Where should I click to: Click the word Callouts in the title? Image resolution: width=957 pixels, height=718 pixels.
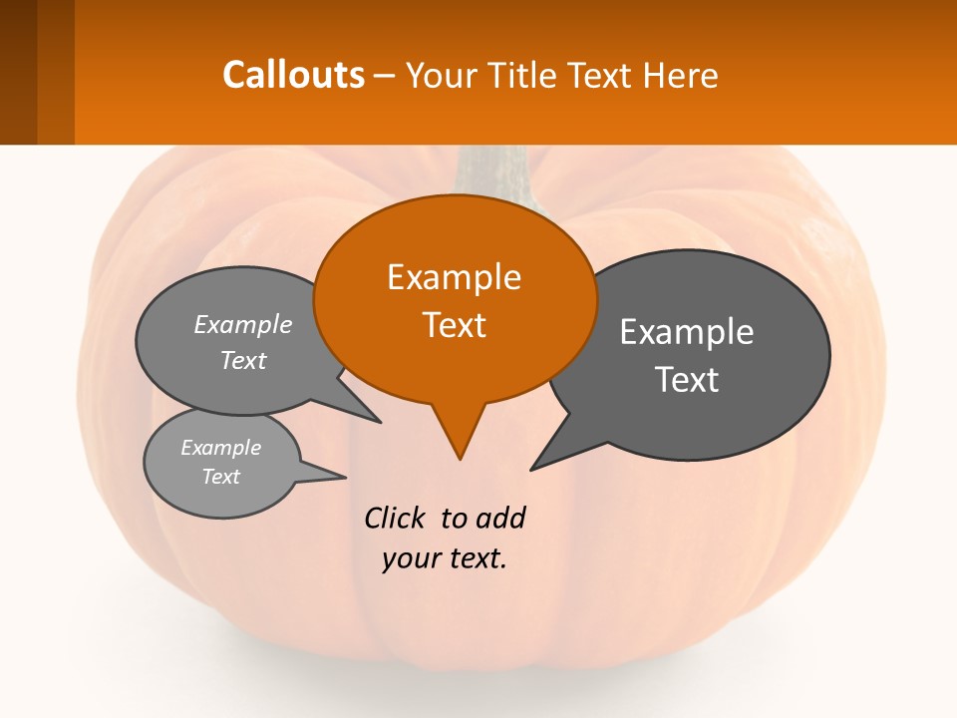tap(293, 75)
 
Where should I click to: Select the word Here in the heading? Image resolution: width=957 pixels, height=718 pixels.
tap(683, 75)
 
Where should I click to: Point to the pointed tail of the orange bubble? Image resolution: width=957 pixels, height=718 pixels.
tap(458, 439)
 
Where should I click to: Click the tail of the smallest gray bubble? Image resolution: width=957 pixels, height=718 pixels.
tap(324, 474)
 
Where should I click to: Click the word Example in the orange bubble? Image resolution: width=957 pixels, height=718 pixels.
tap(454, 277)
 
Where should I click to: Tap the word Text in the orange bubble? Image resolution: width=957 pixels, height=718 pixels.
tap(454, 325)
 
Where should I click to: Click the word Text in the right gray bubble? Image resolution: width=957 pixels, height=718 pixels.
tap(687, 380)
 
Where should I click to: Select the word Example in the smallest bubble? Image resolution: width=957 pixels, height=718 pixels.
tap(220, 448)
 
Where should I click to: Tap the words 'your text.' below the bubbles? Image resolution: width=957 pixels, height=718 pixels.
tap(445, 558)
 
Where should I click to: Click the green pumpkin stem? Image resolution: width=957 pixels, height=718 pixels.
tap(493, 175)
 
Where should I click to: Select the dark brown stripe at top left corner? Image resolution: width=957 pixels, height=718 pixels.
tap(18, 72)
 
